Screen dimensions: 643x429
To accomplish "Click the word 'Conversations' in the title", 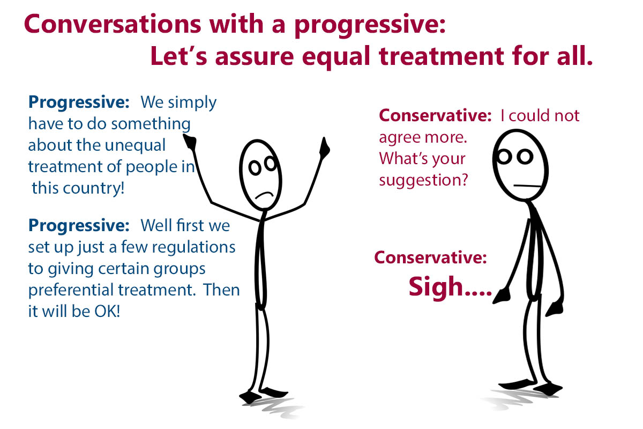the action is pos(113,24).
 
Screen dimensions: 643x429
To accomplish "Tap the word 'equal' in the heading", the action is pos(336,57).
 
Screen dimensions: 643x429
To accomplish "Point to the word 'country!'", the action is pos(94,188).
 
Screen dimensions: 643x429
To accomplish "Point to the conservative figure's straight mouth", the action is pos(528,186).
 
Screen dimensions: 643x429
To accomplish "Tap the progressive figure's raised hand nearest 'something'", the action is pos(190,142).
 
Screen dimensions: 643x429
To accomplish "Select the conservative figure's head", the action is pos(520,165).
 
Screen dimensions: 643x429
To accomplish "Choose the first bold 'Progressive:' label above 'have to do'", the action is pos(79,102).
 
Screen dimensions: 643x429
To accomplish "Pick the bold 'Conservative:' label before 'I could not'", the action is pos(436,115).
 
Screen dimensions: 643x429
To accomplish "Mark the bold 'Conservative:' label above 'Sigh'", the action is pos(431,257).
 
